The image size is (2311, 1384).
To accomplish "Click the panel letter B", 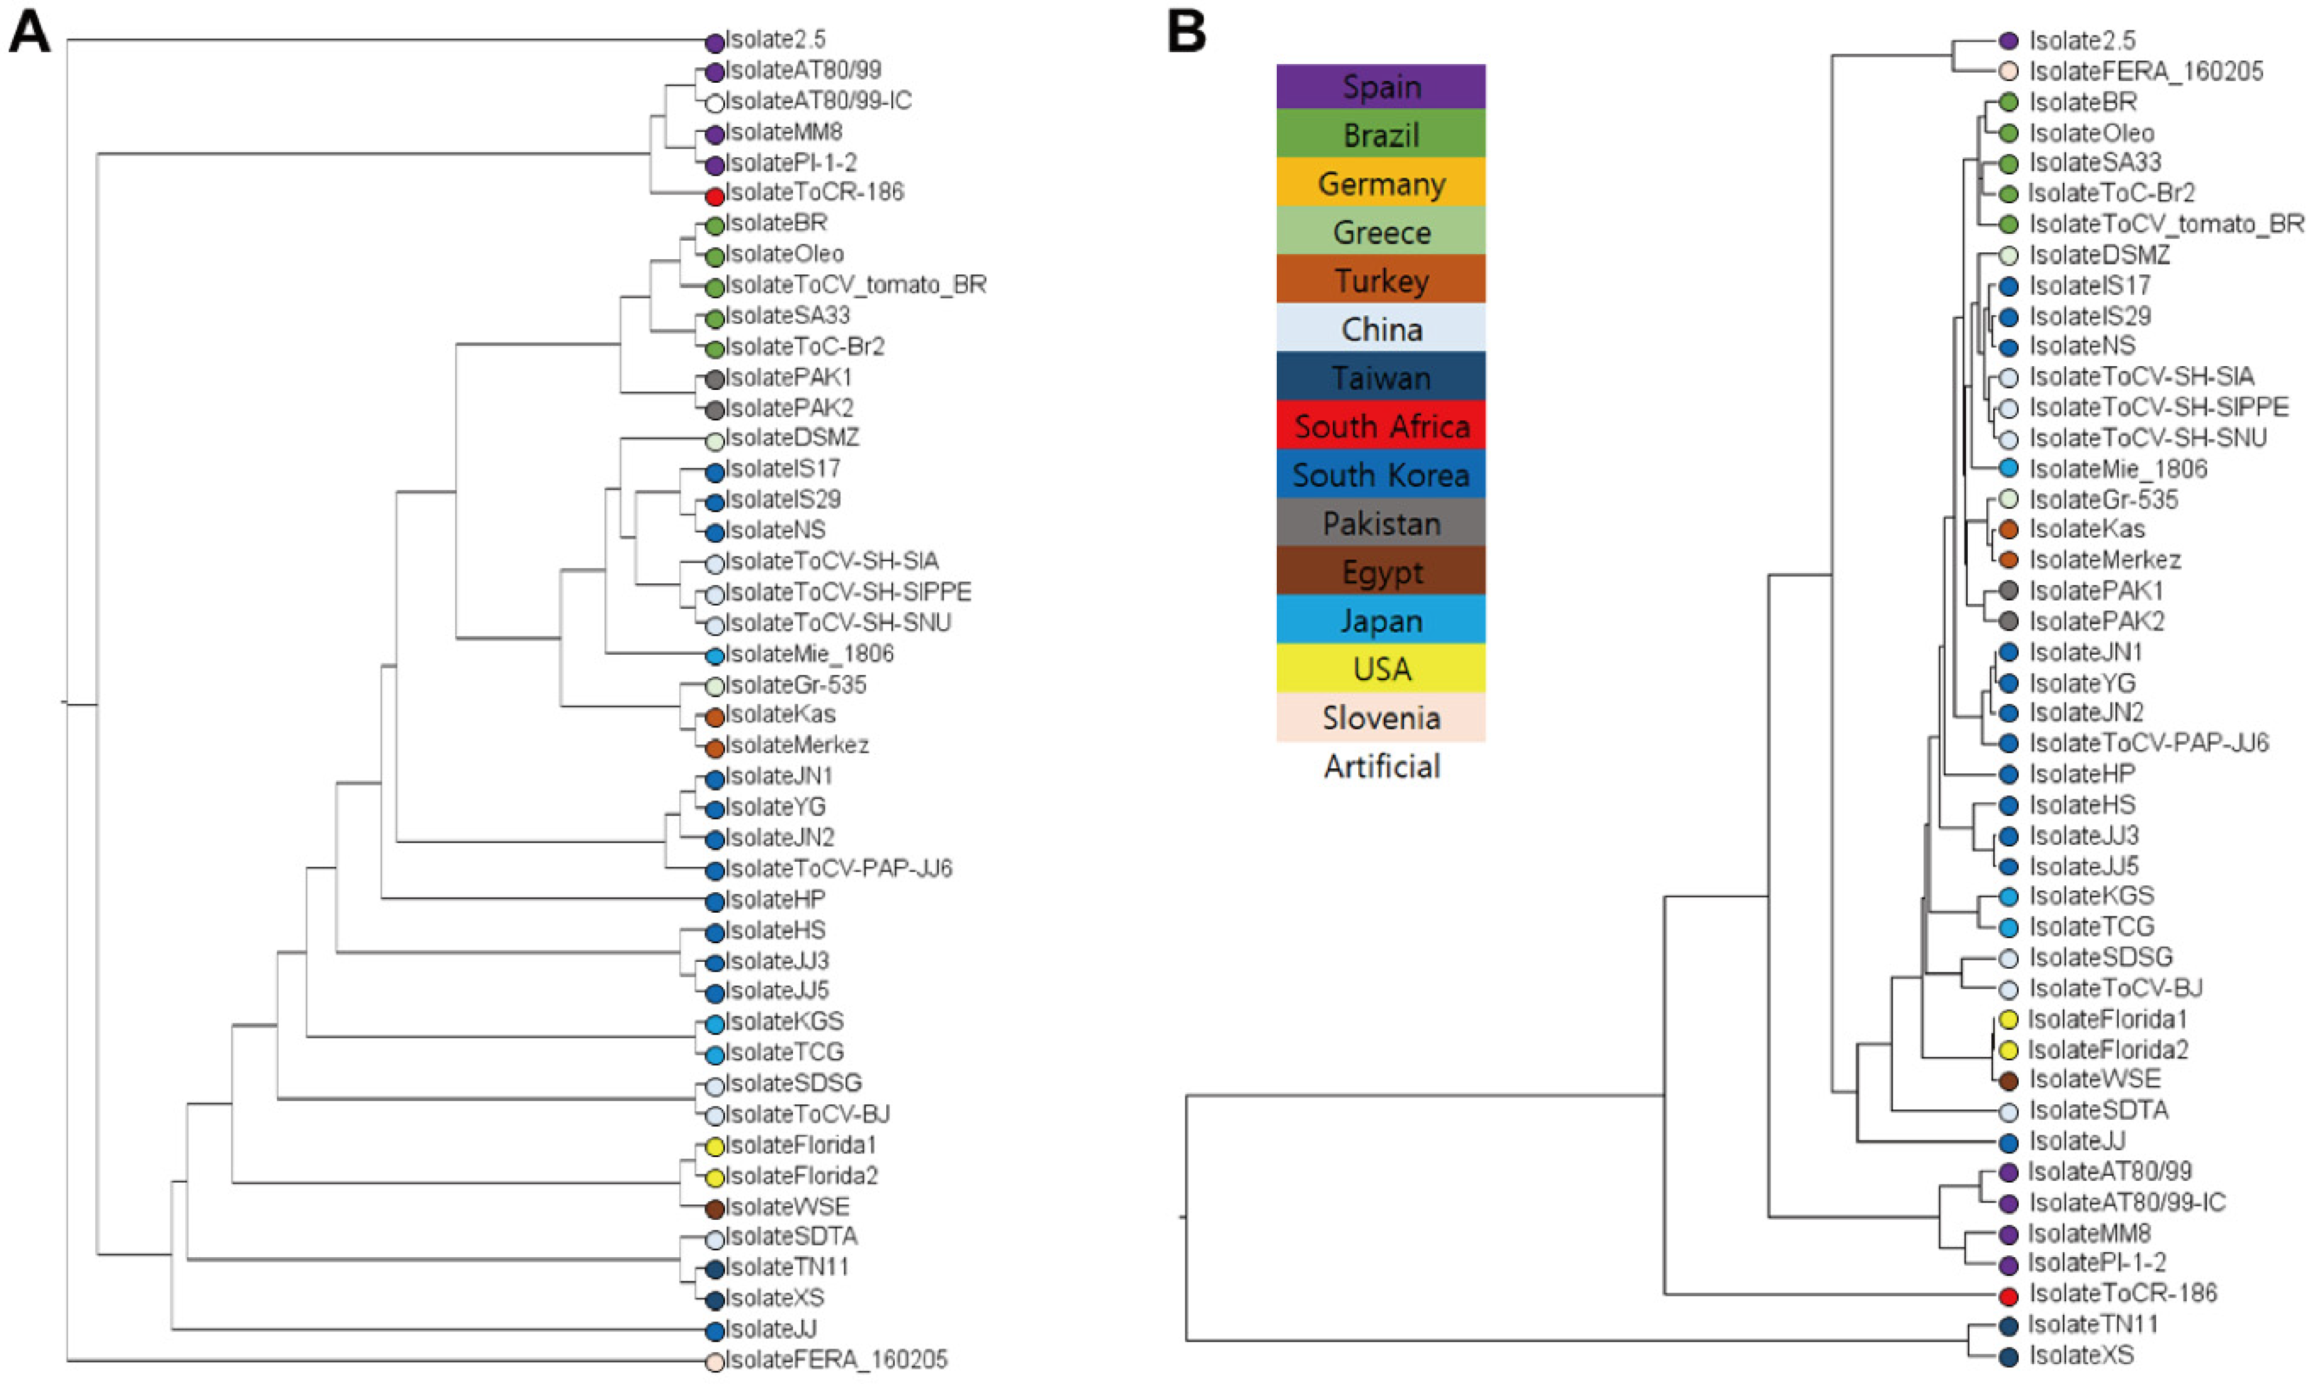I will (1185, 34).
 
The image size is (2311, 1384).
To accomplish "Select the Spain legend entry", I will (1380, 87).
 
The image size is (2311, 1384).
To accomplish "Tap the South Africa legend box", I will (1380, 427).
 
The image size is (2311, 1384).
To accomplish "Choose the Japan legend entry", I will (1380, 620).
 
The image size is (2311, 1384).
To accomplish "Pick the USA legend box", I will (1380, 669).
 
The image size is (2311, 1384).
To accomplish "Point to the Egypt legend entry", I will (1380, 572).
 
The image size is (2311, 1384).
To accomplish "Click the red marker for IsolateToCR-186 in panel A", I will (715, 196).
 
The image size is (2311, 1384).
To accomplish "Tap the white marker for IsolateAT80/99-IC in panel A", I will (715, 103).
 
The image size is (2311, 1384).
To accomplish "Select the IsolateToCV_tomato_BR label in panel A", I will (855, 285).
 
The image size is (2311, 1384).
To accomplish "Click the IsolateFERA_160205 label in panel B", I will (2145, 71).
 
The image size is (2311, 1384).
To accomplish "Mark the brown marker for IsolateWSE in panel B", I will (2008, 1081).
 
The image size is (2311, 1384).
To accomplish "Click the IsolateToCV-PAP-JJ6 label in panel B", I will (2148, 744).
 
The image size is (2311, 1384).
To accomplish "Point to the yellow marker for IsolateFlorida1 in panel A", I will (715, 1147).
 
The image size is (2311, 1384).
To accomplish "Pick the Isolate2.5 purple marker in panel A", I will (715, 42).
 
